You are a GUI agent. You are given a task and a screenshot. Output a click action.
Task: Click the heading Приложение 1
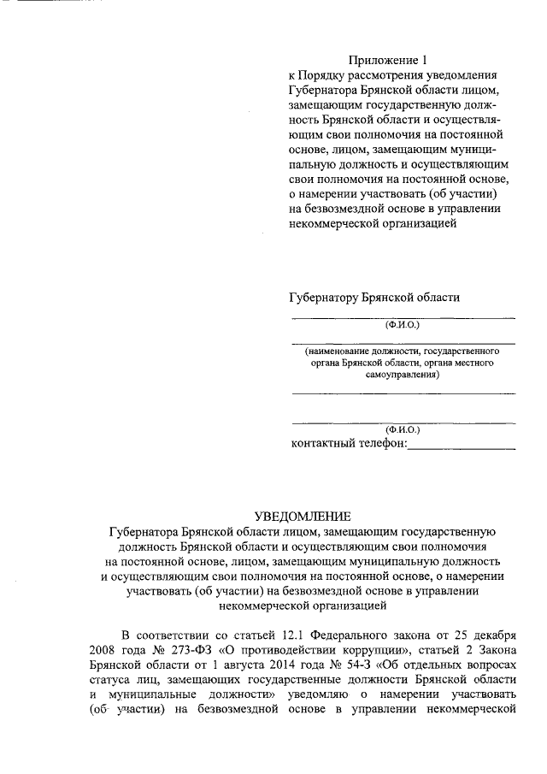click(386, 60)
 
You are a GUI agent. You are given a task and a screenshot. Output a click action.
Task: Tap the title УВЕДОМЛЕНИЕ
click(303, 516)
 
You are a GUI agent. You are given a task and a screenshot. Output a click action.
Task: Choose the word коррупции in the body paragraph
click(341, 650)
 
